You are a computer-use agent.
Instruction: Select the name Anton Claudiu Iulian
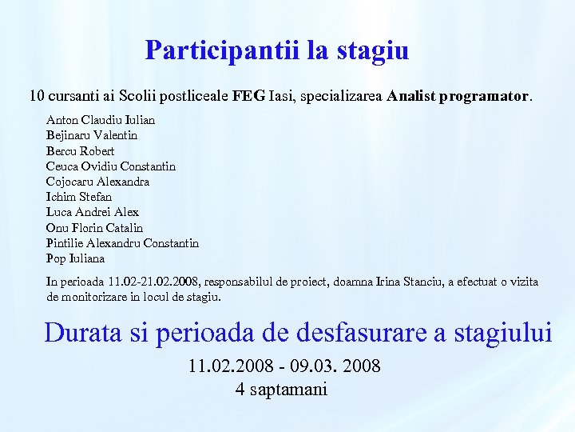point(101,120)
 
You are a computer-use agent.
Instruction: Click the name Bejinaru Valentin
point(92,135)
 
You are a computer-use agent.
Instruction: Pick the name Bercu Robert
point(81,150)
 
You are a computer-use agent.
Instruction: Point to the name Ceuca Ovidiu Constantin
point(111,166)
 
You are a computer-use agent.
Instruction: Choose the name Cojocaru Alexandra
point(98,182)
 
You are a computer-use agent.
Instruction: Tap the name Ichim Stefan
point(79,197)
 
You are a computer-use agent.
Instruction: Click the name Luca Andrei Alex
point(93,212)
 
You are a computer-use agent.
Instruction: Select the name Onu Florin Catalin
point(94,228)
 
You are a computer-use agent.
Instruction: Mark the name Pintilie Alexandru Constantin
point(122,243)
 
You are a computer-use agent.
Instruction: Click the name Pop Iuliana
point(75,258)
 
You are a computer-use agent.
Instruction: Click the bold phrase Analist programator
point(458,97)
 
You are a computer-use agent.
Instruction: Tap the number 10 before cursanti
point(37,97)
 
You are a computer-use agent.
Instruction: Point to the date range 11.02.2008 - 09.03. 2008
point(284,367)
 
